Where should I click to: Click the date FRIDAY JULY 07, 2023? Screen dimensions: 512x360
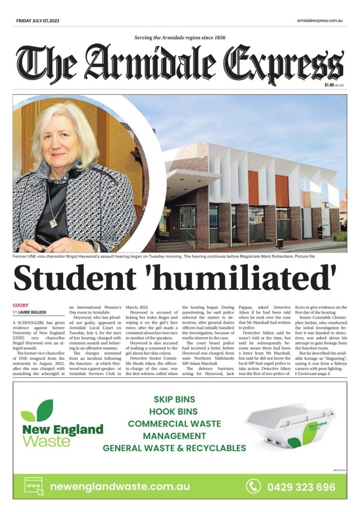pyautogui.click(x=38, y=21)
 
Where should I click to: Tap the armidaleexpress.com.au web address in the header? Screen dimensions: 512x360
pyautogui.click(x=320, y=21)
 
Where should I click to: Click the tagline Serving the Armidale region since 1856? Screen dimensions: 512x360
pyautogui.click(x=180, y=38)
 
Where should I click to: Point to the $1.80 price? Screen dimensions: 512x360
pyautogui.click(x=330, y=85)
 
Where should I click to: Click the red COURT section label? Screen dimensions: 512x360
pyautogui.click(x=20, y=305)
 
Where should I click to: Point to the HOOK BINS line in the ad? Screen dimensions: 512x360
pyautogui.click(x=174, y=412)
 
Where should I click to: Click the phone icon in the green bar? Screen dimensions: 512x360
pyautogui.click(x=254, y=486)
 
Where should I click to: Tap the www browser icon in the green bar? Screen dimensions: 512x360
pyautogui.click(x=33, y=485)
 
